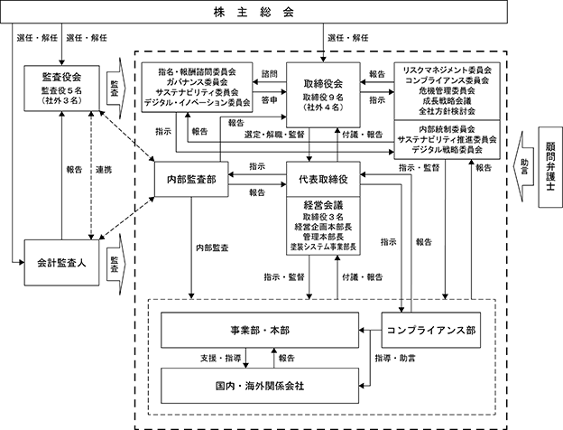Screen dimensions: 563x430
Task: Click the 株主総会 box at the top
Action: [254, 12]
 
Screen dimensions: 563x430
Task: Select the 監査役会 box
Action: [61, 89]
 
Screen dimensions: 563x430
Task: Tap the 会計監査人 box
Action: [61, 263]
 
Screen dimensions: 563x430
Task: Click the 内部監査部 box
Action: [191, 179]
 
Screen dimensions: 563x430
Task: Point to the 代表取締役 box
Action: [323, 179]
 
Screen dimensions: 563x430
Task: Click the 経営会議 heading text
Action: [323, 205]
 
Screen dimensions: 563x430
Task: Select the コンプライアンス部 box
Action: [431, 330]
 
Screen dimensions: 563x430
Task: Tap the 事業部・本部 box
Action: [260, 330]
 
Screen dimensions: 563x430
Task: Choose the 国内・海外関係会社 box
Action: [260, 386]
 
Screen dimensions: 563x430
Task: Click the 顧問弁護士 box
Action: [550, 167]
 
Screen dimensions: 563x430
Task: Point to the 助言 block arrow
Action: [522, 167]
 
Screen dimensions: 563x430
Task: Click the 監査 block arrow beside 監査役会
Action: [116, 89]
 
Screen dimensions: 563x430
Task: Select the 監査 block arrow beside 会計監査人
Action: [116, 265]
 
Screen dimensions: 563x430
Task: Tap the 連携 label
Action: [104, 170]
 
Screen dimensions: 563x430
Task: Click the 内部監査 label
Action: [212, 248]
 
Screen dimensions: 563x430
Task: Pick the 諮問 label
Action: [269, 74]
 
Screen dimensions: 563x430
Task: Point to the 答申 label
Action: [269, 100]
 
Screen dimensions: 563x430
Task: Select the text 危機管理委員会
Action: [447, 90]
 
